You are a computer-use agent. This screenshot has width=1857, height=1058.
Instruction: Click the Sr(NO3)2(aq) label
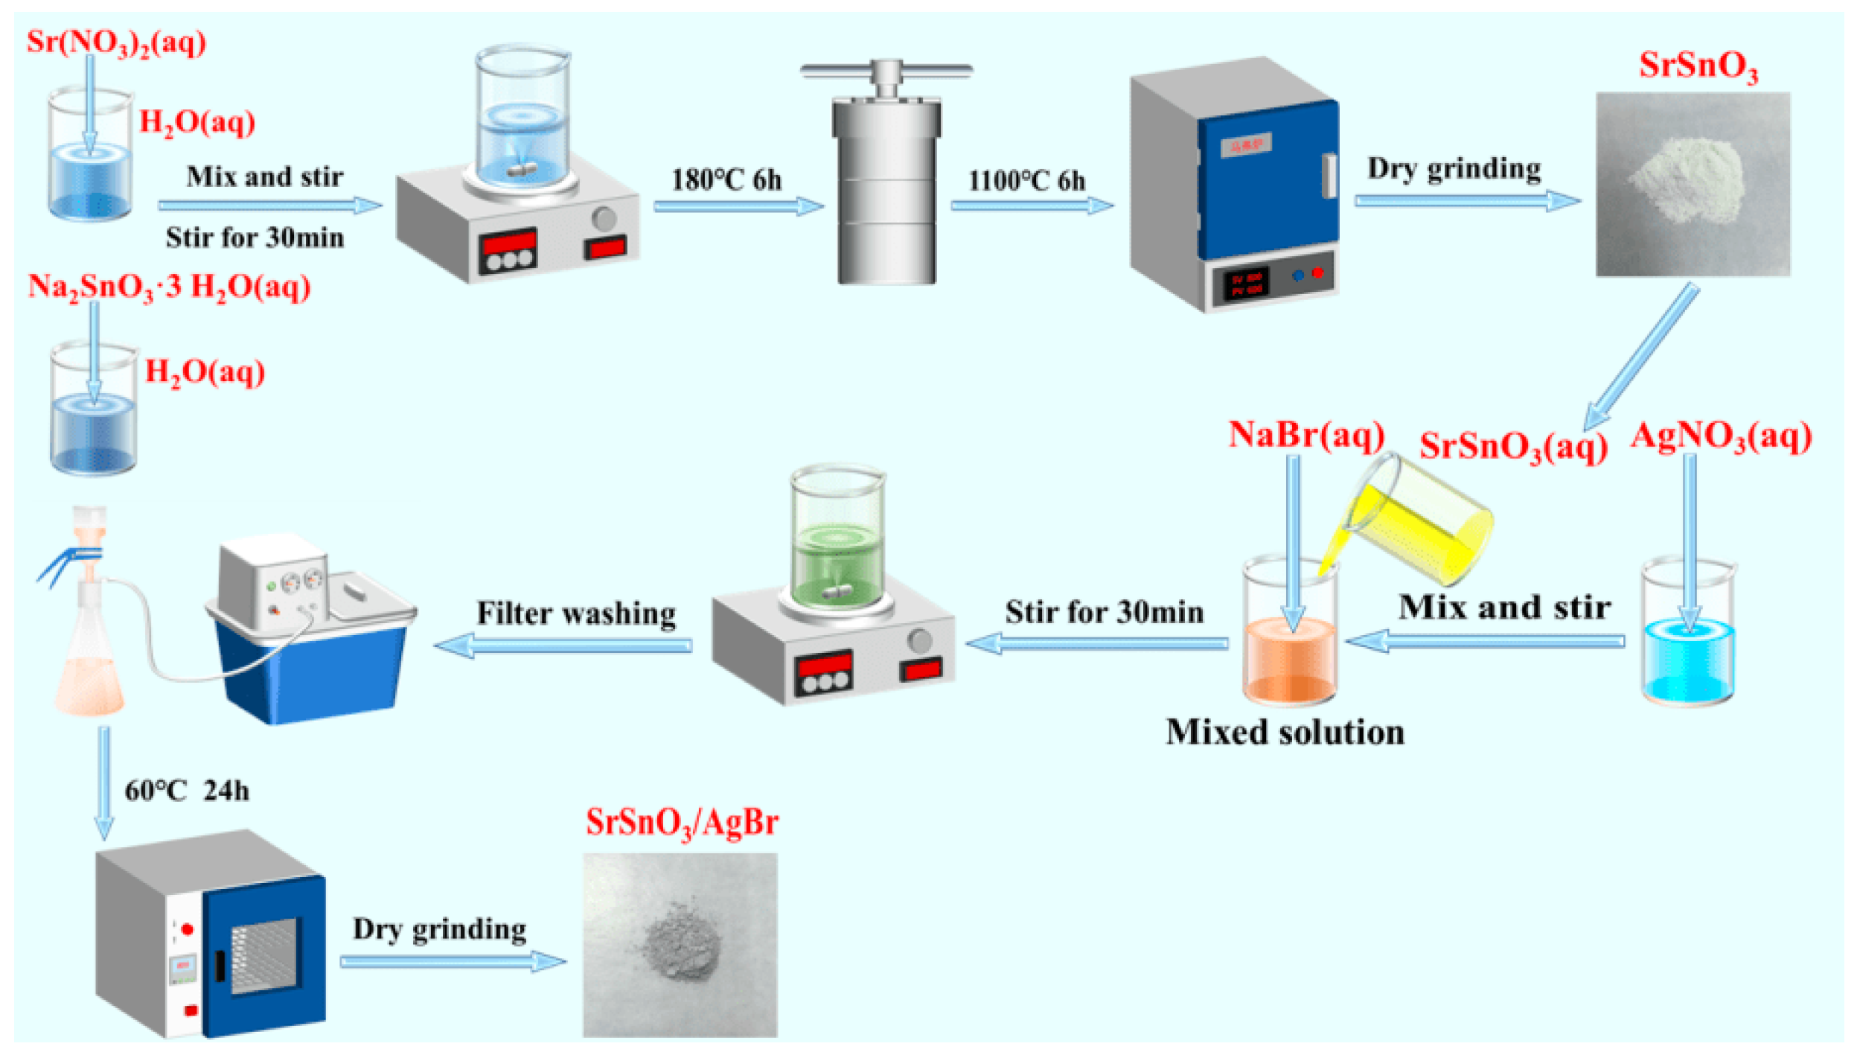[x=116, y=42]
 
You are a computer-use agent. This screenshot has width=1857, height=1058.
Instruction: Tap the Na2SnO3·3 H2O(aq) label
[x=169, y=287]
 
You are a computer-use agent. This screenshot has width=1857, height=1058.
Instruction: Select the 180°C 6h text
[x=726, y=180]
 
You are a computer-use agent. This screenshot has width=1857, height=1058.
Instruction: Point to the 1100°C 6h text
[x=1026, y=181]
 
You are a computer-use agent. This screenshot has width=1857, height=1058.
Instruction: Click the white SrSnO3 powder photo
[x=1692, y=184]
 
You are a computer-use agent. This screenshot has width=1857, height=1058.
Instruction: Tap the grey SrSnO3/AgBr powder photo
[x=680, y=944]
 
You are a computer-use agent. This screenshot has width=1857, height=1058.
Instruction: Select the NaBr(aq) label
[x=1305, y=435]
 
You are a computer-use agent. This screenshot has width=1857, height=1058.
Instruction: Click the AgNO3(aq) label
[x=1720, y=436]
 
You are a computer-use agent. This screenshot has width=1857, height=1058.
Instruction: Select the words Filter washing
[x=576, y=614]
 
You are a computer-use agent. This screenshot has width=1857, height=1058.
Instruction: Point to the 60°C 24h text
[x=187, y=791]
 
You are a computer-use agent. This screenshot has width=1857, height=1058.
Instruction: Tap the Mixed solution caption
[x=1285, y=733]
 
